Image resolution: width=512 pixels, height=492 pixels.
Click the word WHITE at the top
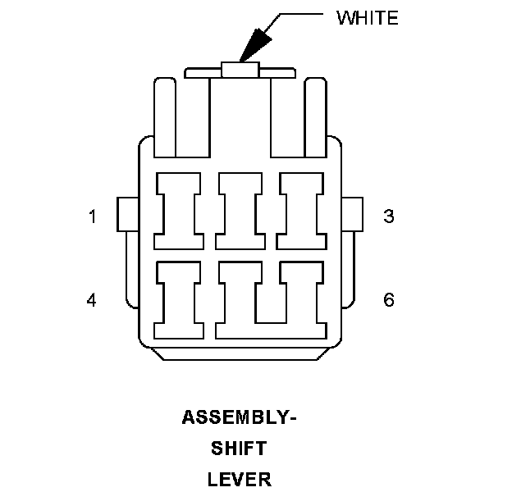[368, 17]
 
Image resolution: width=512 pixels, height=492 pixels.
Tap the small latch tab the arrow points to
[240, 70]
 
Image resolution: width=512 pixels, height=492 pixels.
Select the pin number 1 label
[93, 216]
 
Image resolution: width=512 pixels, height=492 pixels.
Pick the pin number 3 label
[389, 216]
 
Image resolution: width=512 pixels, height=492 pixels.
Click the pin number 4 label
[92, 300]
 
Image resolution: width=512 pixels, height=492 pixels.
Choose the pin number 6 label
[389, 300]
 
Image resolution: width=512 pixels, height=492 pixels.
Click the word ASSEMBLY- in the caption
[239, 417]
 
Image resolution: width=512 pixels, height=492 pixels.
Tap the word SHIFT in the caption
[239, 448]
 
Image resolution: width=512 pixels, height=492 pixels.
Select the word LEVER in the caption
[239, 478]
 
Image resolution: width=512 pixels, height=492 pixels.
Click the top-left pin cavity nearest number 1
[181, 212]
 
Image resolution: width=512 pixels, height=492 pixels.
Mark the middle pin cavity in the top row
[240, 212]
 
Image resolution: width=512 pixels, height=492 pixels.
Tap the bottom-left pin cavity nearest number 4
[181, 299]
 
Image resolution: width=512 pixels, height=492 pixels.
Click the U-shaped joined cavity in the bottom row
[269, 320]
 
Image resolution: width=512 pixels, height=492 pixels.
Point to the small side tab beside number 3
[354, 215]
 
